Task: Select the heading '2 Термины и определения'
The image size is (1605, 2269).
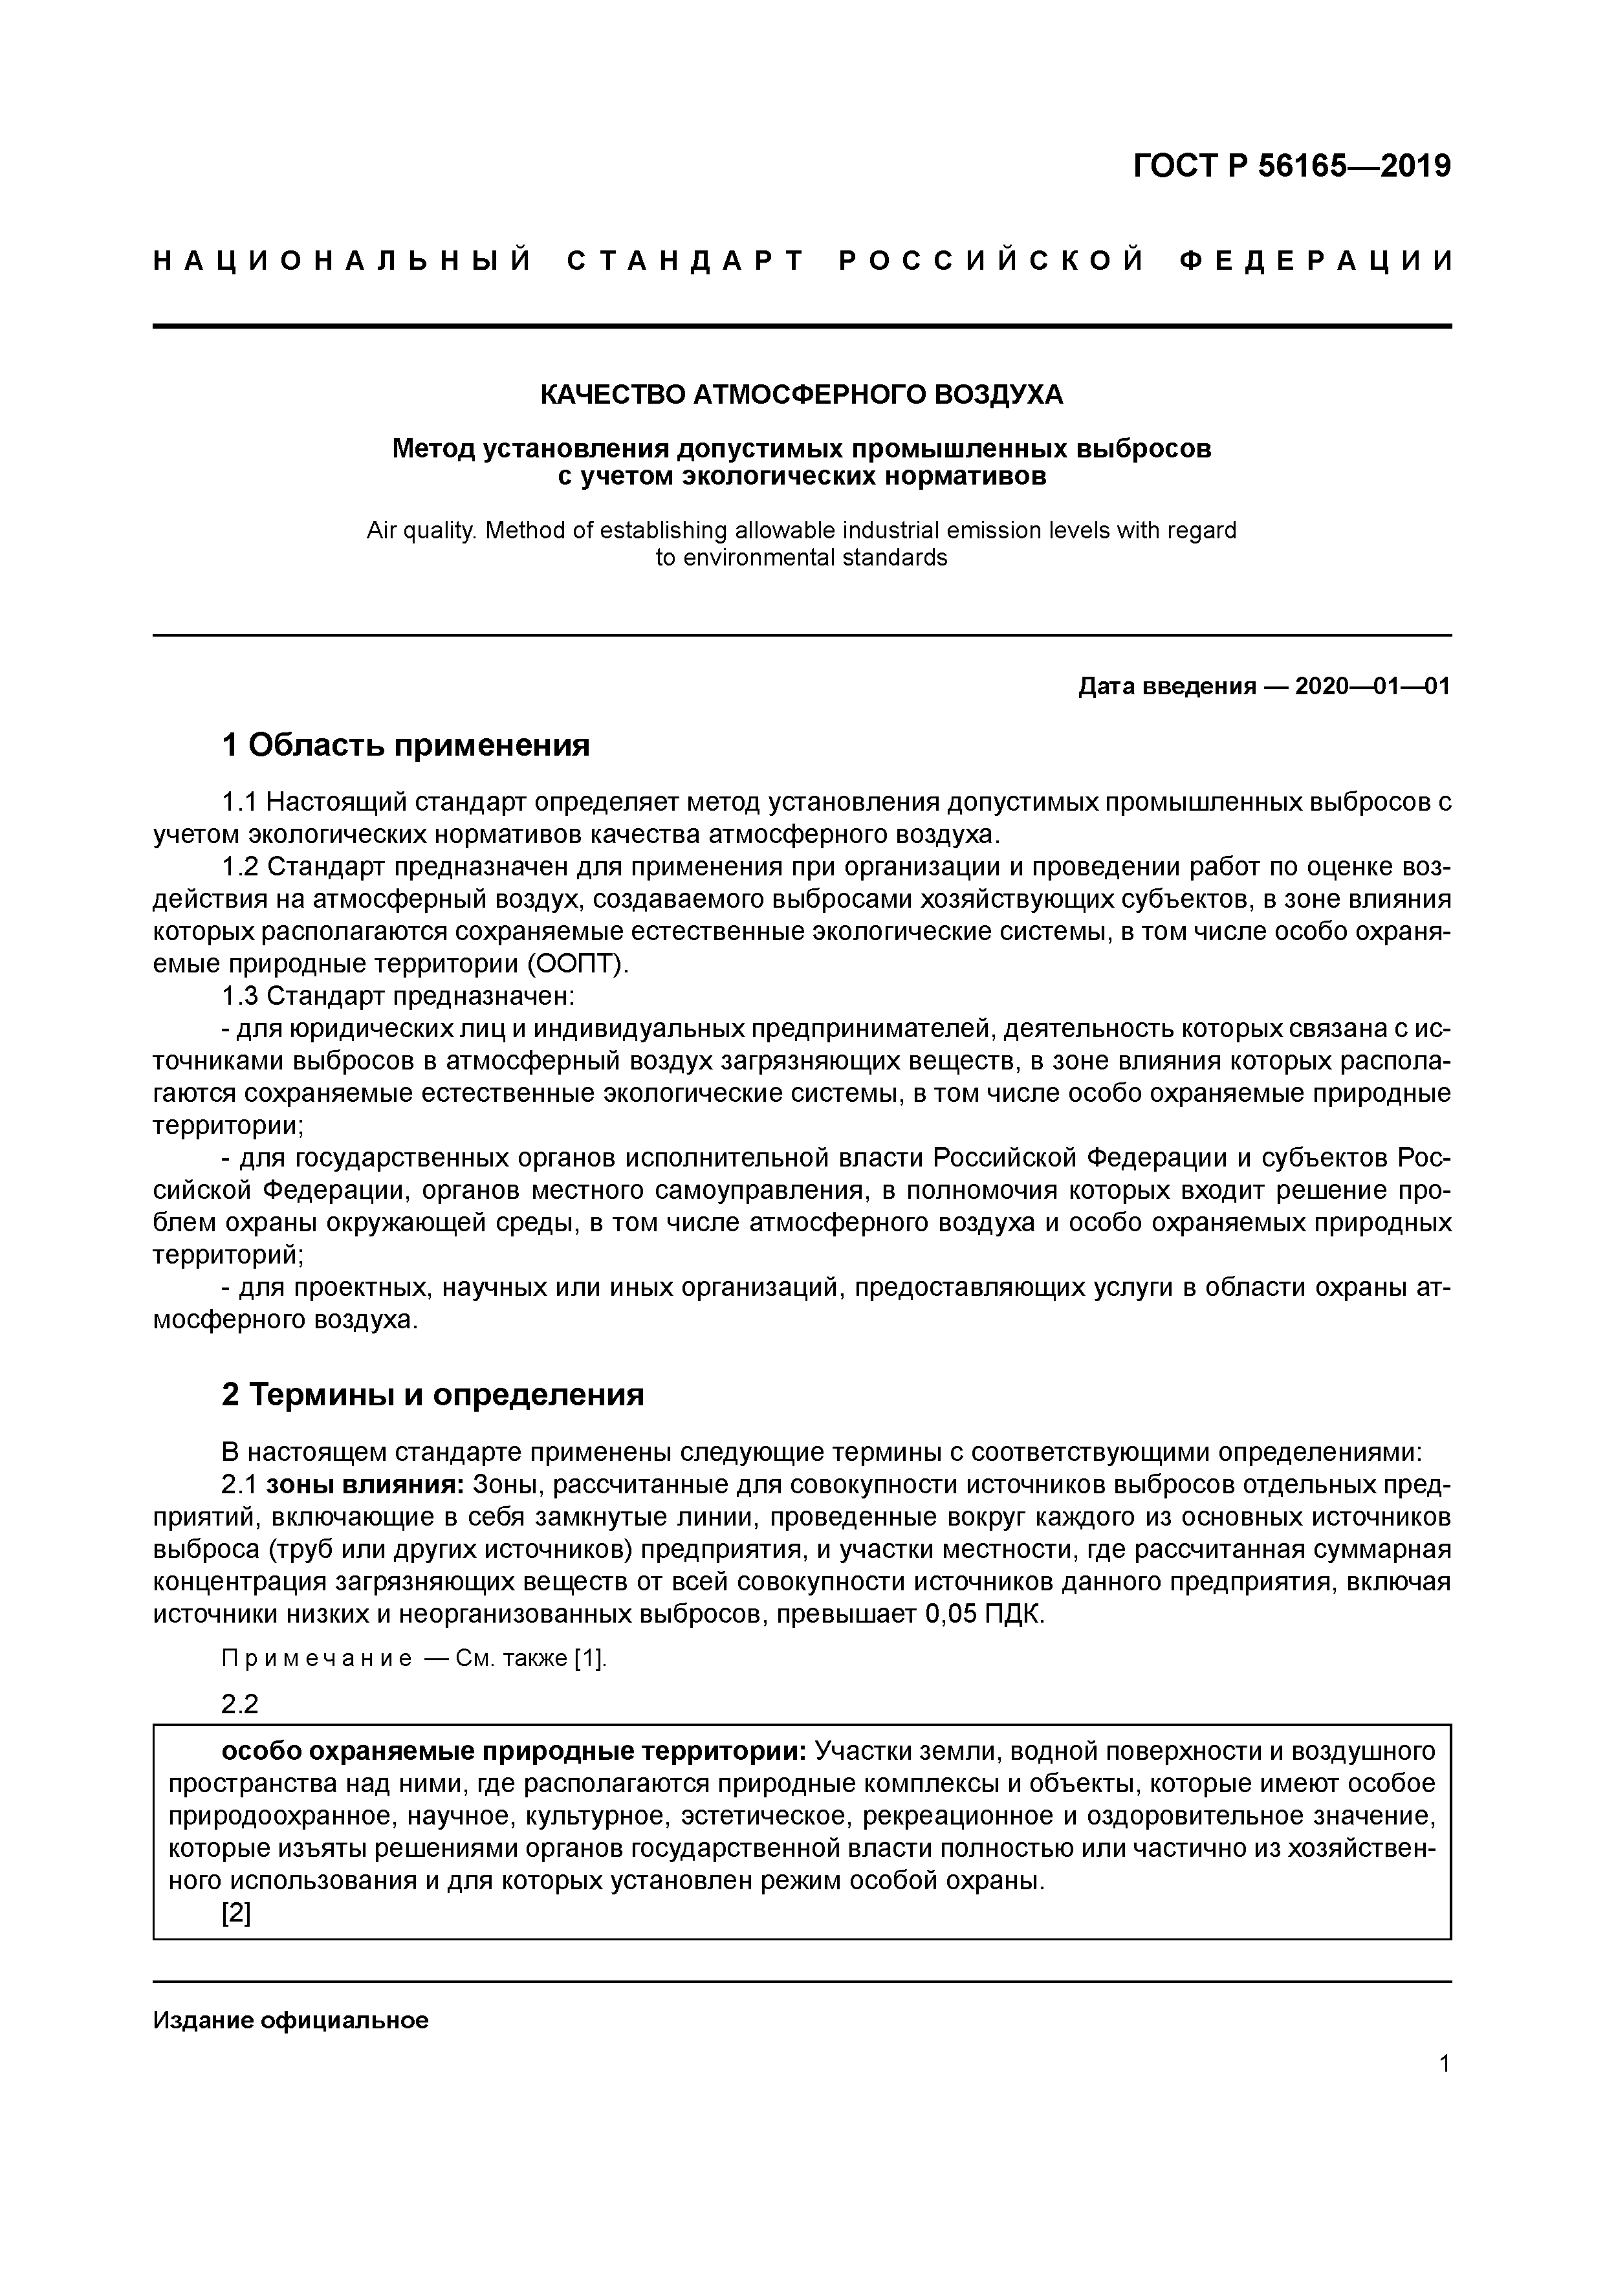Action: (x=432, y=1394)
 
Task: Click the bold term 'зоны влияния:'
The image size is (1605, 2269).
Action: (x=365, y=1484)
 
